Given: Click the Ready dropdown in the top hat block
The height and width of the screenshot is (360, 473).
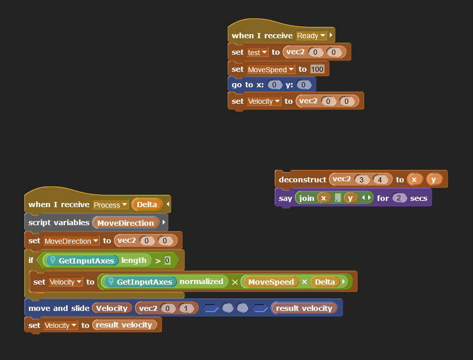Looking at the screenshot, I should (x=311, y=36).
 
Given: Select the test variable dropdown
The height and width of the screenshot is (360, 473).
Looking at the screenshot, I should (x=257, y=52).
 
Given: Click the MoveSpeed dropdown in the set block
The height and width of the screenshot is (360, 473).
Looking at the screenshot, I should (x=271, y=69).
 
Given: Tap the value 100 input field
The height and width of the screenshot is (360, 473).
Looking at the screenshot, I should (x=318, y=69).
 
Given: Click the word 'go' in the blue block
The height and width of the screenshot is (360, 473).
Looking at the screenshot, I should (x=236, y=85).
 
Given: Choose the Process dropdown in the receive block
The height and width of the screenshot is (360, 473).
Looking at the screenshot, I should (x=110, y=205).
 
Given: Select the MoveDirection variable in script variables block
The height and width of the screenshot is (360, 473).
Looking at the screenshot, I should (x=125, y=223).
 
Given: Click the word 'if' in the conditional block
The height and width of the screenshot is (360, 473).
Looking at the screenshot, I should (x=31, y=260).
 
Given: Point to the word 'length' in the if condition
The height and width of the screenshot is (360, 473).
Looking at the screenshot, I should (x=134, y=260).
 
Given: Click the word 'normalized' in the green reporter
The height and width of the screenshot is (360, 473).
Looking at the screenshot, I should (x=201, y=281).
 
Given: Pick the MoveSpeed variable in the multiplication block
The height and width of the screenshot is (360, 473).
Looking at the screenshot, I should (x=271, y=282).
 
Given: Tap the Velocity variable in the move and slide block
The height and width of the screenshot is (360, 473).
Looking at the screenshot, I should (x=112, y=308).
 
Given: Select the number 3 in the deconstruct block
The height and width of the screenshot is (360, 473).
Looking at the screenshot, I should (x=361, y=180).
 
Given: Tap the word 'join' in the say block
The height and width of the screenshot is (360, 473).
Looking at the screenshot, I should (x=306, y=198).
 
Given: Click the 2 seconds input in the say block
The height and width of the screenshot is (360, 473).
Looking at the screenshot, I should (x=399, y=198).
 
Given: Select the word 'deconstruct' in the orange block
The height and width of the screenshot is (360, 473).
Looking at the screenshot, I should (x=302, y=180).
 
